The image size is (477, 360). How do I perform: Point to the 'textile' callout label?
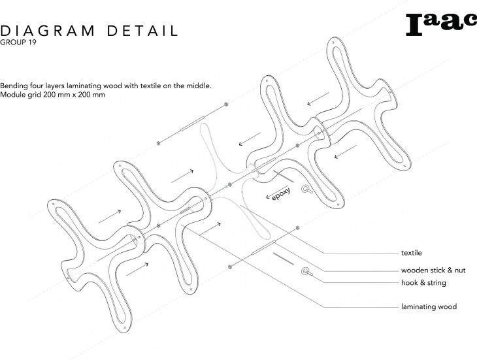[411, 252]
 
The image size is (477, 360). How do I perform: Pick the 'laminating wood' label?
[429, 306]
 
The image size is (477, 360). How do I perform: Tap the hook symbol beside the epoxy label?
[304, 189]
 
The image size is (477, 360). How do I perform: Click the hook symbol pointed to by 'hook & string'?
[305, 271]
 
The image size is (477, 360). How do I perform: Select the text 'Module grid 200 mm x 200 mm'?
[53, 95]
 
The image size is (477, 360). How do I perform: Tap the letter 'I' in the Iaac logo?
[414, 24]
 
